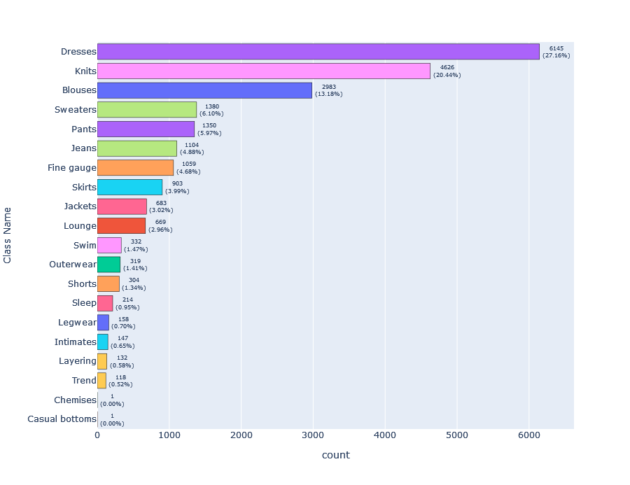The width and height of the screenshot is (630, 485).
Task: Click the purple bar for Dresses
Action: pyautogui.click(x=318, y=52)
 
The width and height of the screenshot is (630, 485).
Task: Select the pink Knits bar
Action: pyautogui.click(x=263, y=71)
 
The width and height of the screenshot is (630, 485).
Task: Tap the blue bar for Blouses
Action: pyautogui.click(x=204, y=90)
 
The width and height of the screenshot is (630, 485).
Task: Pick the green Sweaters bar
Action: pyautogui.click(x=146, y=109)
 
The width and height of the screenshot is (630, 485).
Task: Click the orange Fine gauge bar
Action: pyautogui.click(x=135, y=167)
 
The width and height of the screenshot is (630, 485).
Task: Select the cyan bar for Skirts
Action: pyautogui.click(x=129, y=187)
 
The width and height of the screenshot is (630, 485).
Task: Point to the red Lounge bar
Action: pyautogui.click(x=121, y=226)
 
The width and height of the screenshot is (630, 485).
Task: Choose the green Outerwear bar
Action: pyautogui.click(x=108, y=265)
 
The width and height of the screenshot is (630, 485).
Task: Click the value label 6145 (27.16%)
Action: pyautogui.click(x=556, y=52)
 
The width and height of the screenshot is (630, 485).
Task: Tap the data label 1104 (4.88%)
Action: pyautogui.click(x=191, y=148)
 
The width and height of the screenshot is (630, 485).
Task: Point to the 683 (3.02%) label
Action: pyautogui.click(x=161, y=206)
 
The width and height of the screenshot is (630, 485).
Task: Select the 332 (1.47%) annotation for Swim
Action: pyautogui.click(x=136, y=245)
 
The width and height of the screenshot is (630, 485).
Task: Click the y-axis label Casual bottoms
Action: pyautogui.click(x=62, y=419)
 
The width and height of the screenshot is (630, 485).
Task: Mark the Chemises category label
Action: pyautogui.click(x=75, y=400)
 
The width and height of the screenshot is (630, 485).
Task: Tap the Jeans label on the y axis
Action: pyautogui.click(x=83, y=148)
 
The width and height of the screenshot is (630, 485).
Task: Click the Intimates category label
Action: pyautogui.click(x=75, y=342)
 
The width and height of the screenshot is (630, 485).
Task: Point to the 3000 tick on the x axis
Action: pyautogui.click(x=313, y=435)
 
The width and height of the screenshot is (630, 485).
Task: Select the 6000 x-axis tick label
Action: pyautogui.click(x=528, y=435)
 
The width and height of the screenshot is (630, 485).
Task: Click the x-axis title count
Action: pyautogui.click(x=335, y=456)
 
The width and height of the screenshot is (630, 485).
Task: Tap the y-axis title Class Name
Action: pyautogui.click(x=8, y=234)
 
